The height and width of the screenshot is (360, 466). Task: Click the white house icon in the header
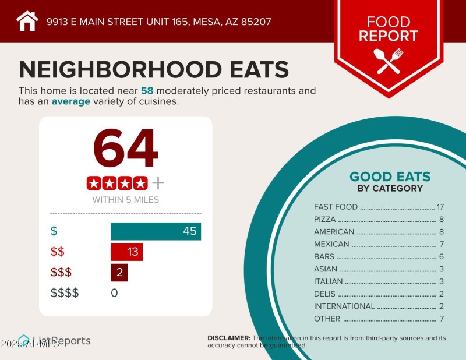coord(27,22)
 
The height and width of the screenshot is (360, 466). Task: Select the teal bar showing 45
coord(156,231)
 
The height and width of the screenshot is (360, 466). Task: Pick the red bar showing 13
coord(126,252)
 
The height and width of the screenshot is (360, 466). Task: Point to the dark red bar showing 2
coord(119,273)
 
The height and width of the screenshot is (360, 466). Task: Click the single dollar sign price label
coord(54,231)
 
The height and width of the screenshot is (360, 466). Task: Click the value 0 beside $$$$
coord(114,293)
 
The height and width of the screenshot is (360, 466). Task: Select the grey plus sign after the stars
coord(158,183)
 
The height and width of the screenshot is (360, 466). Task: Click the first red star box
coord(94,183)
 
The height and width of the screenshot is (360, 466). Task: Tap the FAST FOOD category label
coord(336,207)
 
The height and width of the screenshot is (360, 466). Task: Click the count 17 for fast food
coord(440,207)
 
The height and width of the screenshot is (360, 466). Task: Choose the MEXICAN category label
coord(331,244)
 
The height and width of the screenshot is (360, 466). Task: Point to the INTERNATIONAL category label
coord(344,306)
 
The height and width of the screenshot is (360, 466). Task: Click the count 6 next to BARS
coord(442,256)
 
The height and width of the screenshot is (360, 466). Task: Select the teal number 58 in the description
coord(147,91)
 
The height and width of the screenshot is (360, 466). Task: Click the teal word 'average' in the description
coord(71,101)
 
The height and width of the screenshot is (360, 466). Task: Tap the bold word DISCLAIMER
coord(229,338)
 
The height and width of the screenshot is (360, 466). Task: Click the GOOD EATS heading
coord(390,177)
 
